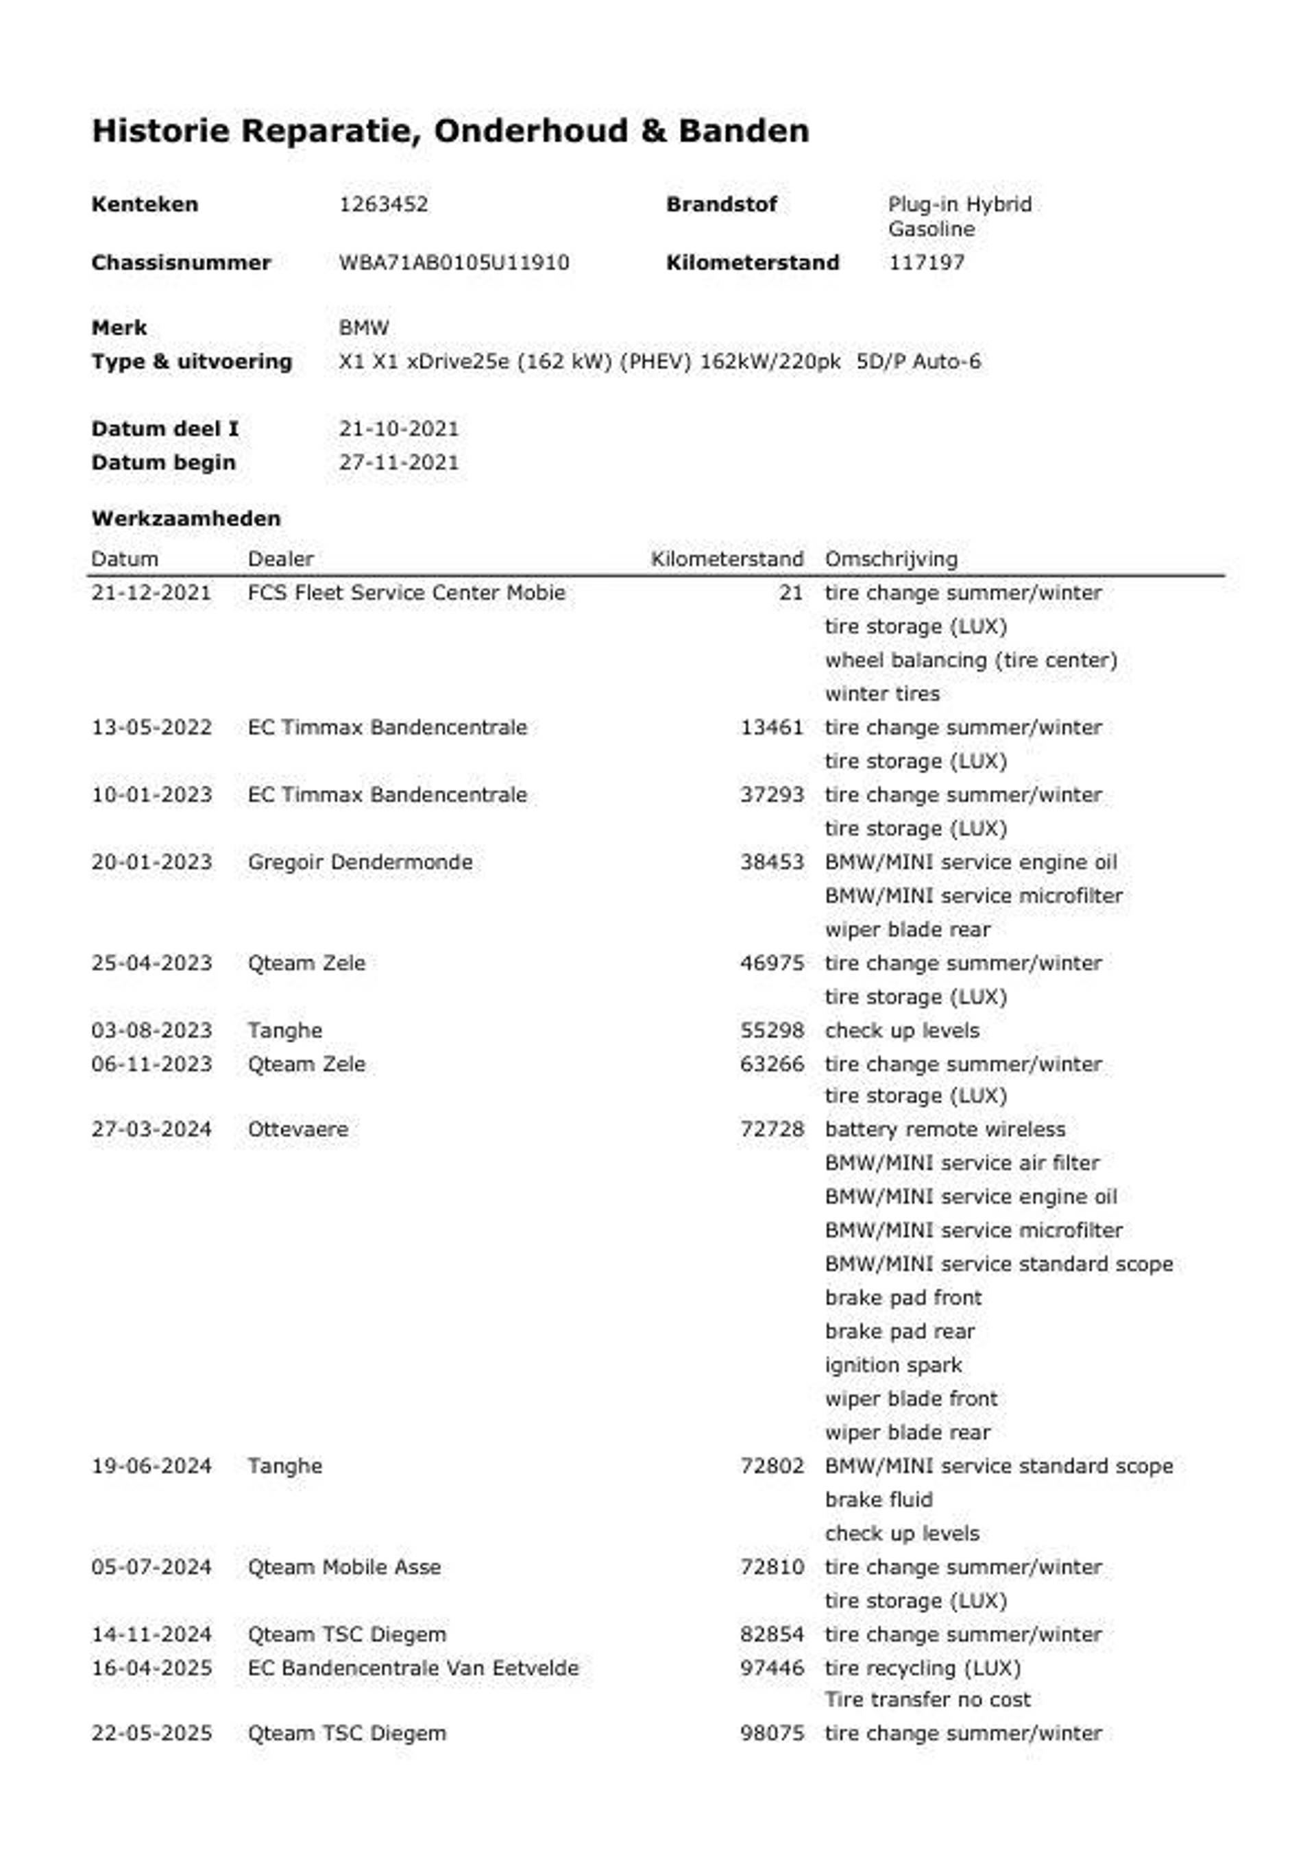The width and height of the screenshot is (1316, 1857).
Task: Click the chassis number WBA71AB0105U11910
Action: [x=454, y=262]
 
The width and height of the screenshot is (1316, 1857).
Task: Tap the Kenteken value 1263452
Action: [x=383, y=204]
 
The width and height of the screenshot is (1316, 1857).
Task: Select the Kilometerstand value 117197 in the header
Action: [x=926, y=262]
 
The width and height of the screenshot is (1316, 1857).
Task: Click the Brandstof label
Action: [x=721, y=204]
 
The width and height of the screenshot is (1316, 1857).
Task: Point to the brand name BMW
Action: [x=364, y=328]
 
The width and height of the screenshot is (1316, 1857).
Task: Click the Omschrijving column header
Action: [x=890, y=559]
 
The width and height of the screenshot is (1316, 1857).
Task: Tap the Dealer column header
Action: [x=280, y=559]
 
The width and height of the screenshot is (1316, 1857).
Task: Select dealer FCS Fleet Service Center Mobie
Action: [x=406, y=593]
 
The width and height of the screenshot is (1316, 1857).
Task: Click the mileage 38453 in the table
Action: [x=772, y=862]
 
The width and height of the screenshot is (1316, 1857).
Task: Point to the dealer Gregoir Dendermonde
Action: [x=360, y=862]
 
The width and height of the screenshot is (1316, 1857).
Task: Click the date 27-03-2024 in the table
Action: [x=151, y=1129]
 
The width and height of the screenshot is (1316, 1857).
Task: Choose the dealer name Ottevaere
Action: [x=298, y=1129]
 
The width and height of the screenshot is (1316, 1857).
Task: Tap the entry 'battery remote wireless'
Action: [x=945, y=1129]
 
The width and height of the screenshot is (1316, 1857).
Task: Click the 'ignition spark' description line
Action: [x=893, y=1365]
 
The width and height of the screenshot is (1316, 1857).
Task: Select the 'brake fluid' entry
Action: [x=879, y=1500]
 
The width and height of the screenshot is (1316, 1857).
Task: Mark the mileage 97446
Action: [x=772, y=1669]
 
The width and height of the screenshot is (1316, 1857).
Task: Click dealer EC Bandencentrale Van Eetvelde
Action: [x=413, y=1669]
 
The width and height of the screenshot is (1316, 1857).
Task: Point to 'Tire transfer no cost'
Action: [x=927, y=1700]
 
